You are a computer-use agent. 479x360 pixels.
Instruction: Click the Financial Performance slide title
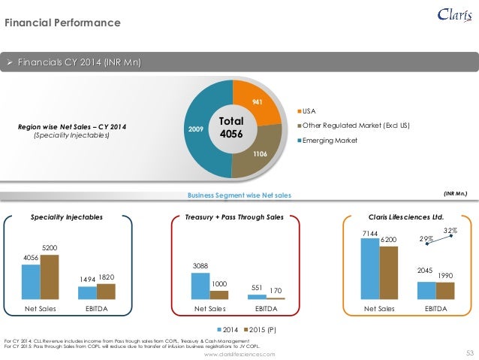point(63,23)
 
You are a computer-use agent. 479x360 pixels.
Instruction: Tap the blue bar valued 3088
point(200,286)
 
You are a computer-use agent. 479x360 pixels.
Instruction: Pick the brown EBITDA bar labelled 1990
point(445,290)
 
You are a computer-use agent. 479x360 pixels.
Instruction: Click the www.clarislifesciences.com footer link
point(239,353)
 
